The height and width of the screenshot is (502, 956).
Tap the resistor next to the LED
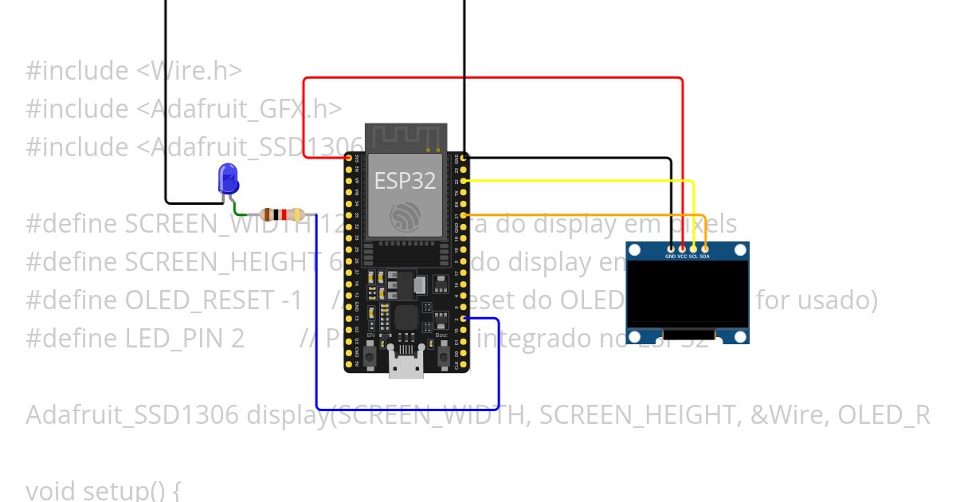[281, 214]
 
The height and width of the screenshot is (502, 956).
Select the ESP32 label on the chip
[405, 181]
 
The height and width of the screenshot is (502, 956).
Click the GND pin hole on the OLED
[671, 250]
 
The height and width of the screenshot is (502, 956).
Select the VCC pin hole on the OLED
[682, 250]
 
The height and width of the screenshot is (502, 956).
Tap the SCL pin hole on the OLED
[693, 250]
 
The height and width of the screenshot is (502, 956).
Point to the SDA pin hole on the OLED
[705, 250]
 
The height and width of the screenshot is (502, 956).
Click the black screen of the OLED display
[688, 295]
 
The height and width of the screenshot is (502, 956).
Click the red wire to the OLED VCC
[494, 78]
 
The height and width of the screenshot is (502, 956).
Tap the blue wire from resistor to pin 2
[398, 410]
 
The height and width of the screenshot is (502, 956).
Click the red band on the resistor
[276, 214]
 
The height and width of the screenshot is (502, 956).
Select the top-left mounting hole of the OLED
[635, 251]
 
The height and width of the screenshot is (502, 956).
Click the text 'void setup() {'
[104, 489]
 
